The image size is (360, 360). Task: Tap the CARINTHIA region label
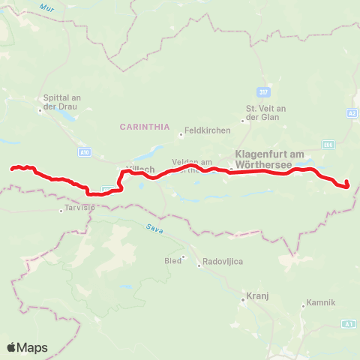tap(145, 127)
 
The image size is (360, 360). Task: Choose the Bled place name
tap(172, 261)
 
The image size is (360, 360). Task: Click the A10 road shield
tap(84, 151)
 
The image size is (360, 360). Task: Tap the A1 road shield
tap(348, 323)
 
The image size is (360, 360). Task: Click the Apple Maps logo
tap(27, 347)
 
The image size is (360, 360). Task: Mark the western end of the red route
tap(11, 169)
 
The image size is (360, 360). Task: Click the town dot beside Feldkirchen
tap(181, 135)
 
